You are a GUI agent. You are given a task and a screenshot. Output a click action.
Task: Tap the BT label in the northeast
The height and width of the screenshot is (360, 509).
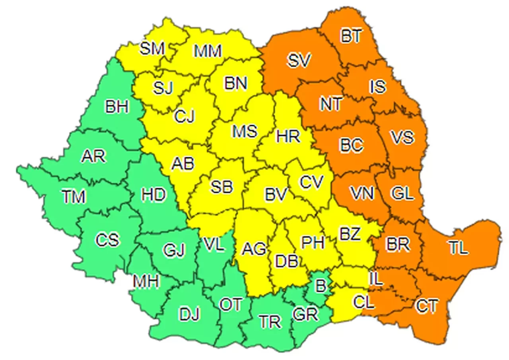(351, 36)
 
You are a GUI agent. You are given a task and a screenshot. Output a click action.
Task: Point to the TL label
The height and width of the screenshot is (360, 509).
(458, 248)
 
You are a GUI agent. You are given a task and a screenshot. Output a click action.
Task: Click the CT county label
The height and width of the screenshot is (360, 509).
(427, 306)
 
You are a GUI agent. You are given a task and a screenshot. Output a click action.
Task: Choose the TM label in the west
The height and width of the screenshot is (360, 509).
(74, 196)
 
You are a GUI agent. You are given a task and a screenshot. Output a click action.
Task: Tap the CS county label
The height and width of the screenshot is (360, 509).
(107, 240)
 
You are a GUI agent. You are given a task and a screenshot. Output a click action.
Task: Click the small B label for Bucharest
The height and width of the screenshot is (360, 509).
(319, 284)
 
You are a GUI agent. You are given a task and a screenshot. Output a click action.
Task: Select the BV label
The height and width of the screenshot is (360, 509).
(276, 195)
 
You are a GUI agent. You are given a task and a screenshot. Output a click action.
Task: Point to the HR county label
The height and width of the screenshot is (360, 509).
(288, 137)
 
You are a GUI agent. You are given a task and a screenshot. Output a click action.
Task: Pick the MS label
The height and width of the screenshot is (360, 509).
(245, 131)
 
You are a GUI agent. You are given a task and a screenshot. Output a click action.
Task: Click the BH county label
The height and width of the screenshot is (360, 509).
(117, 107)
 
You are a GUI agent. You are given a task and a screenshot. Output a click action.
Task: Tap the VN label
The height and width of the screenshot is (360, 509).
(362, 194)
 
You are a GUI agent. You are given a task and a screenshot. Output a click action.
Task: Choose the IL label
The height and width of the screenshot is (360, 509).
(376, 279)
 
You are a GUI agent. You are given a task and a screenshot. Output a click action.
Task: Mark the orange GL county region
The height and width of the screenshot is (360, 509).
(402, 195)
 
